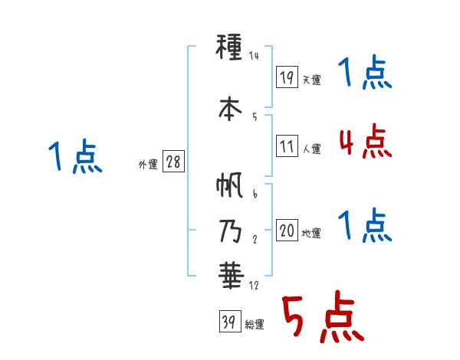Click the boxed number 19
pos(287,77)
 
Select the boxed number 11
pos(287,146)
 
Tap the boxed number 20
pos(287,231)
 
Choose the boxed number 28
pos(173,163)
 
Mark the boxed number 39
pos(228,322)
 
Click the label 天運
pos(310,80)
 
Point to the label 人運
pos(310,149)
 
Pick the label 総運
pos(254,325)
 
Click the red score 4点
pos(365,142)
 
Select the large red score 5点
pos(321,317)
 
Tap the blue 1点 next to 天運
pos(365,74)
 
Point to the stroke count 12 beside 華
pos(255,286)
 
